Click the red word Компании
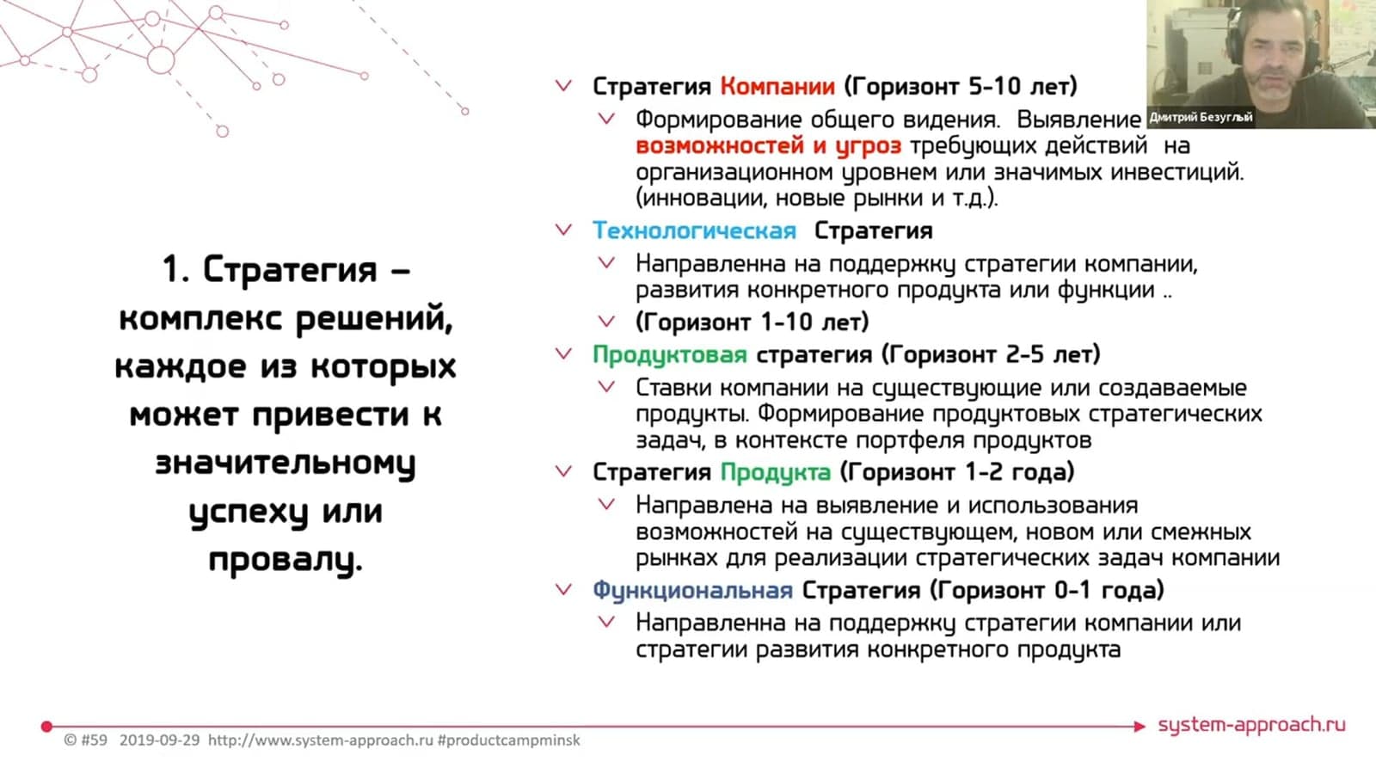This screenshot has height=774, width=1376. (x=777, y=87)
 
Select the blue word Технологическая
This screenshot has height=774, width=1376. (x=695, y=231)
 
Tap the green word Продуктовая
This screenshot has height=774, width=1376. (x=670, y=355)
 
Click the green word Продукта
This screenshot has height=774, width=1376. (x=776, y=473)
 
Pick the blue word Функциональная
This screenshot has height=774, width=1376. (x=693, y=591)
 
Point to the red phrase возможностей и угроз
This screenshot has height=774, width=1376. (x=769, y=146)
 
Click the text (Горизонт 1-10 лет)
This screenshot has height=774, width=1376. (x=752, y=322)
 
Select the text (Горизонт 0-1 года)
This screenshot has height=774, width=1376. (x=1047, y=590)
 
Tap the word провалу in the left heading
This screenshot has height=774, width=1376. (x=286, y=560)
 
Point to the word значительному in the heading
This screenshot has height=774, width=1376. (x=286, y=464)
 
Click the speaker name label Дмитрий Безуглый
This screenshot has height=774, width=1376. (x=1201, y=117)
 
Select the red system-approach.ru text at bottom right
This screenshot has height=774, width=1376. (x=1252, y=726)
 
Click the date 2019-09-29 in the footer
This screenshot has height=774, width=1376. (x=160, y=740)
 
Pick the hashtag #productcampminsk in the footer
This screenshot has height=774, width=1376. (x=508, y=740)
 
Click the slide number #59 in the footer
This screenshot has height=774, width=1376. (x=94, y=740)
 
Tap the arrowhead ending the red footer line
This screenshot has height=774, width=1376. (x=1139, y=727)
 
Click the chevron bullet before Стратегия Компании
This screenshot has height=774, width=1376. (x=564, y=86)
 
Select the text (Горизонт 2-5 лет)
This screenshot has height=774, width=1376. (x=991, y=354)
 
